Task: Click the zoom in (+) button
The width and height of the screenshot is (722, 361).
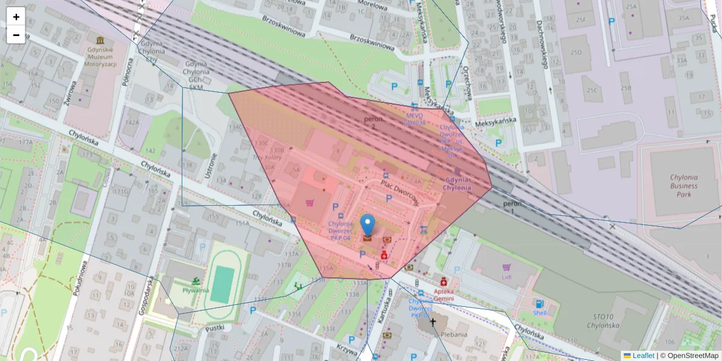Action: click(x=16, y=17)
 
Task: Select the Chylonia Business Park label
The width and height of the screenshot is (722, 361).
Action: click(x=675, y=186)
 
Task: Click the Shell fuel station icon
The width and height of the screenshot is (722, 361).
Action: click(x=539, y=304)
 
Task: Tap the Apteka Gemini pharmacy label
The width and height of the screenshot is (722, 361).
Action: click(x=444, y=294)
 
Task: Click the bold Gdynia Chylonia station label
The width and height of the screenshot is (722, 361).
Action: click(x=457, y=184)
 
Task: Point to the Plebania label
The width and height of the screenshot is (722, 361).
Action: click(x=453, y=334)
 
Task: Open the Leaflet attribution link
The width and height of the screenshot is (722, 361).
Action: click(x=643, y=356)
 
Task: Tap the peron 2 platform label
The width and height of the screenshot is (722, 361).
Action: click(x=373, y=123)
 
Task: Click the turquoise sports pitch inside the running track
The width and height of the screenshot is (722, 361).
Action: click(x=223, y=285)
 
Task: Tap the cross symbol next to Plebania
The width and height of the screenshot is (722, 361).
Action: click(x=432, y=322)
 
